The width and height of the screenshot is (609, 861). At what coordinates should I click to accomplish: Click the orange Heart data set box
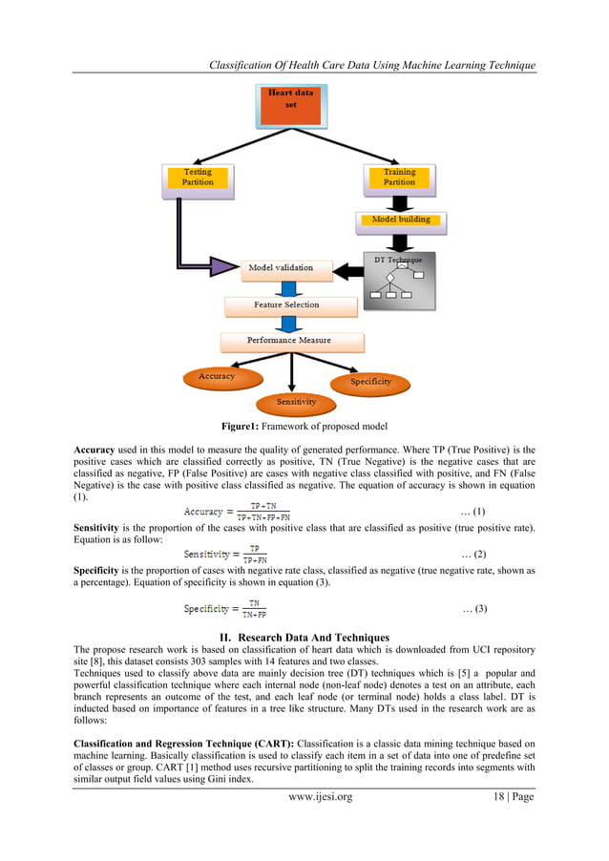point(291,106)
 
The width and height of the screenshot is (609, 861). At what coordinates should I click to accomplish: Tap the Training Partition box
point(399,178)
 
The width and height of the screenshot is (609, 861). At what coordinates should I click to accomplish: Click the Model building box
point(400,220)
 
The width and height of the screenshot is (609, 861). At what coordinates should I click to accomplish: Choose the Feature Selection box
point(286,305)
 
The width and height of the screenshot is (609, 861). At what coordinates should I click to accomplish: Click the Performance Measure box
point(291,341)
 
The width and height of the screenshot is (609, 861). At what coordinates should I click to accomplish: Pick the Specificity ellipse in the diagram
point(371,382)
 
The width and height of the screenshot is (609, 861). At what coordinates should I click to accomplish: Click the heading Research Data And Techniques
point(304,636)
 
